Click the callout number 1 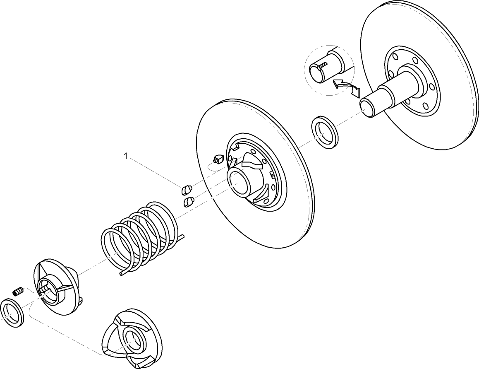(126, 156)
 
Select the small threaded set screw (17, 292)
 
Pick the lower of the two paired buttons (189, 202)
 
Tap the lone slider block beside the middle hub (218, 158)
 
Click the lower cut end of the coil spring (121, 274)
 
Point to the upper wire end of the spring (182, 236)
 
